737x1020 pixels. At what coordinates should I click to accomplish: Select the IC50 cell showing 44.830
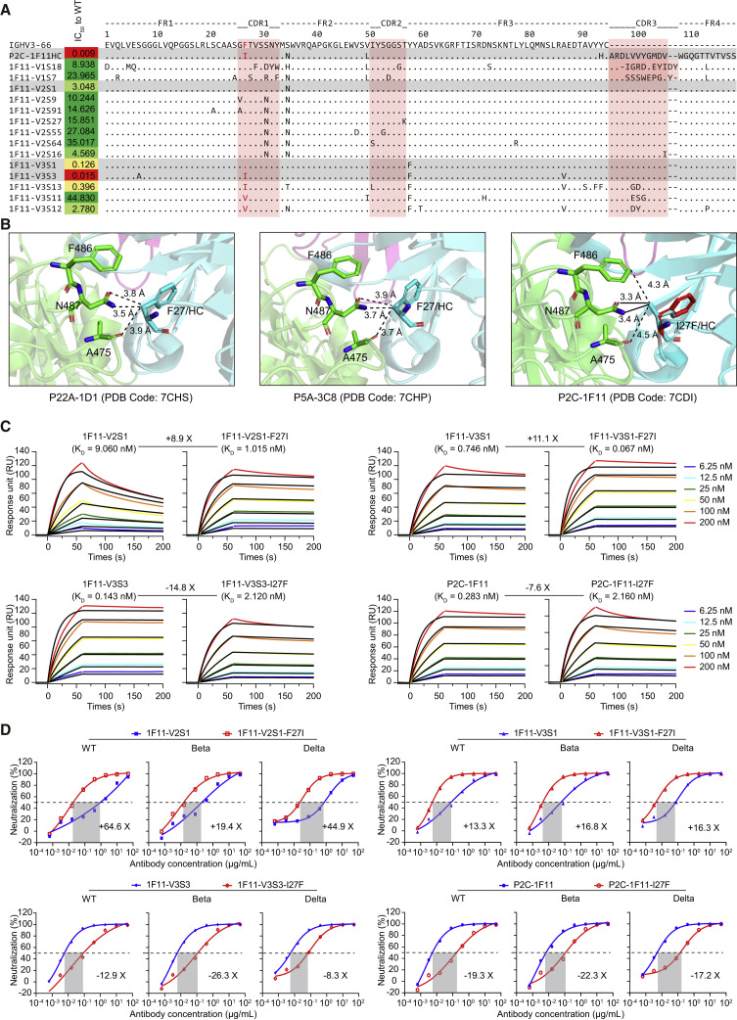click(x=81, y=199)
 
